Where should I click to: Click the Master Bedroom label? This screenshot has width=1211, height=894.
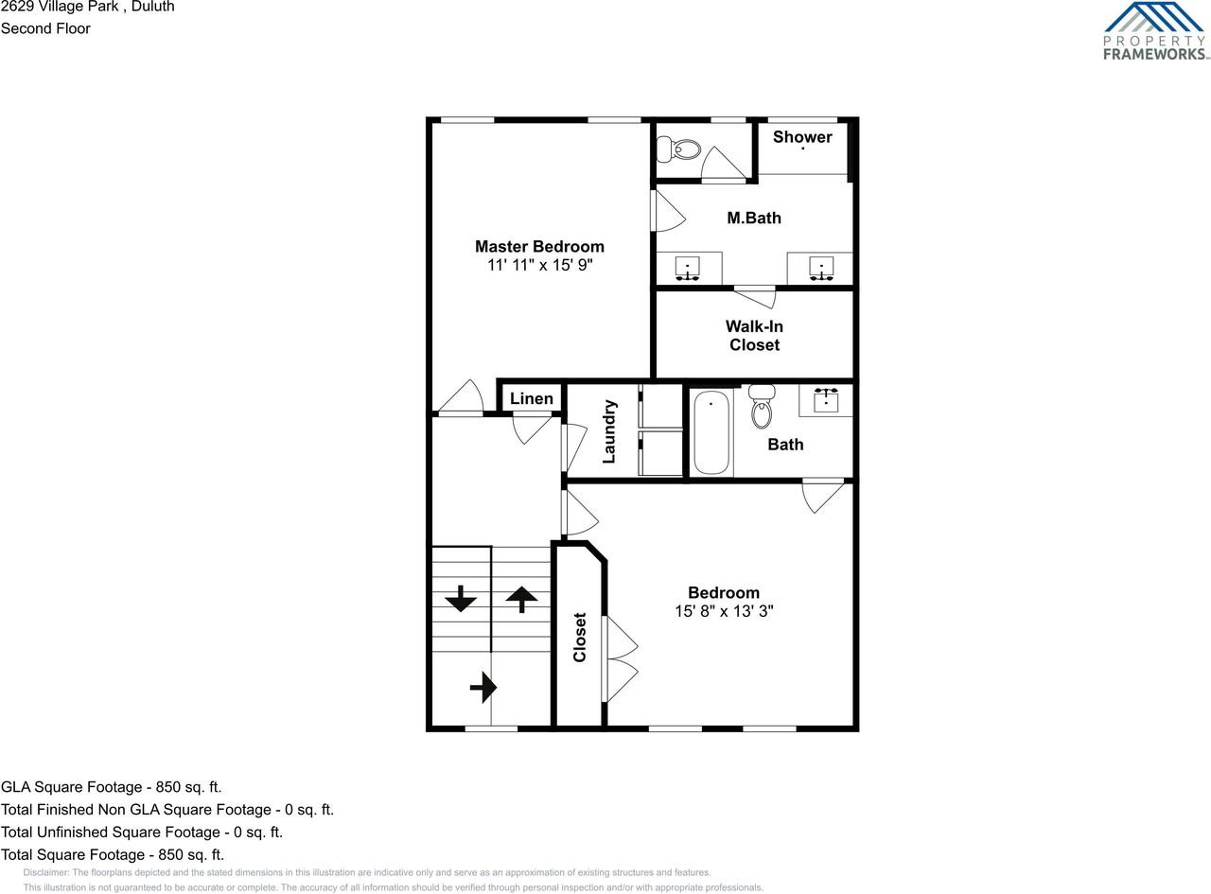tap(539, 247)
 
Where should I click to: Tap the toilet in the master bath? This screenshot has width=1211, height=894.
tap(678, 149)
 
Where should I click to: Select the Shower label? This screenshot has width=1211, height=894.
tap(802, 137)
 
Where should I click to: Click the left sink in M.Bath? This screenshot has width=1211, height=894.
tap(688, 269)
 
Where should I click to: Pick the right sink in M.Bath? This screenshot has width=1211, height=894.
tap(820, 269)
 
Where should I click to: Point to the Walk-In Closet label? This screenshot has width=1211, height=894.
tap(754, 336)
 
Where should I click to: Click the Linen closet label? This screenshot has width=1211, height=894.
tap(532, 398)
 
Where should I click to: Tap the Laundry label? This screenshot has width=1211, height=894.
tap(609, 431)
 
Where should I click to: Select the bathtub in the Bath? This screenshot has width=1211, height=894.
tap(711, 433)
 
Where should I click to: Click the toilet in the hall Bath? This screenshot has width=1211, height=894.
tap(762, 408)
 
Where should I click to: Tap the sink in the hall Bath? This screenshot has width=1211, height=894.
tap(826, 399)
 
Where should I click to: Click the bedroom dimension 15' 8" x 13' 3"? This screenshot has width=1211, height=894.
tap(724, 611)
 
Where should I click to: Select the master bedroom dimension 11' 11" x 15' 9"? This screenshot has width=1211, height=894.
tap(539, 266)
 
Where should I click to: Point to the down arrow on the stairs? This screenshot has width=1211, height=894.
tap(461, 598)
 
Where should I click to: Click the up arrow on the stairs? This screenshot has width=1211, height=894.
tap(521, 598)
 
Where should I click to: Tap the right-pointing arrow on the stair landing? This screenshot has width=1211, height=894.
tap(483, 686)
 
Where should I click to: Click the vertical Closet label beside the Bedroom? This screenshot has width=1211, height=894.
tap(580, 637)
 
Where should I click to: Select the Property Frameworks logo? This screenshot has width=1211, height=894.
tap(1155, 31)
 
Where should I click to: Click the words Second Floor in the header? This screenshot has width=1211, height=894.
tap(45, 28)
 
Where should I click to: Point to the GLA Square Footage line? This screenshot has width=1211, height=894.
tap(112, 787)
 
